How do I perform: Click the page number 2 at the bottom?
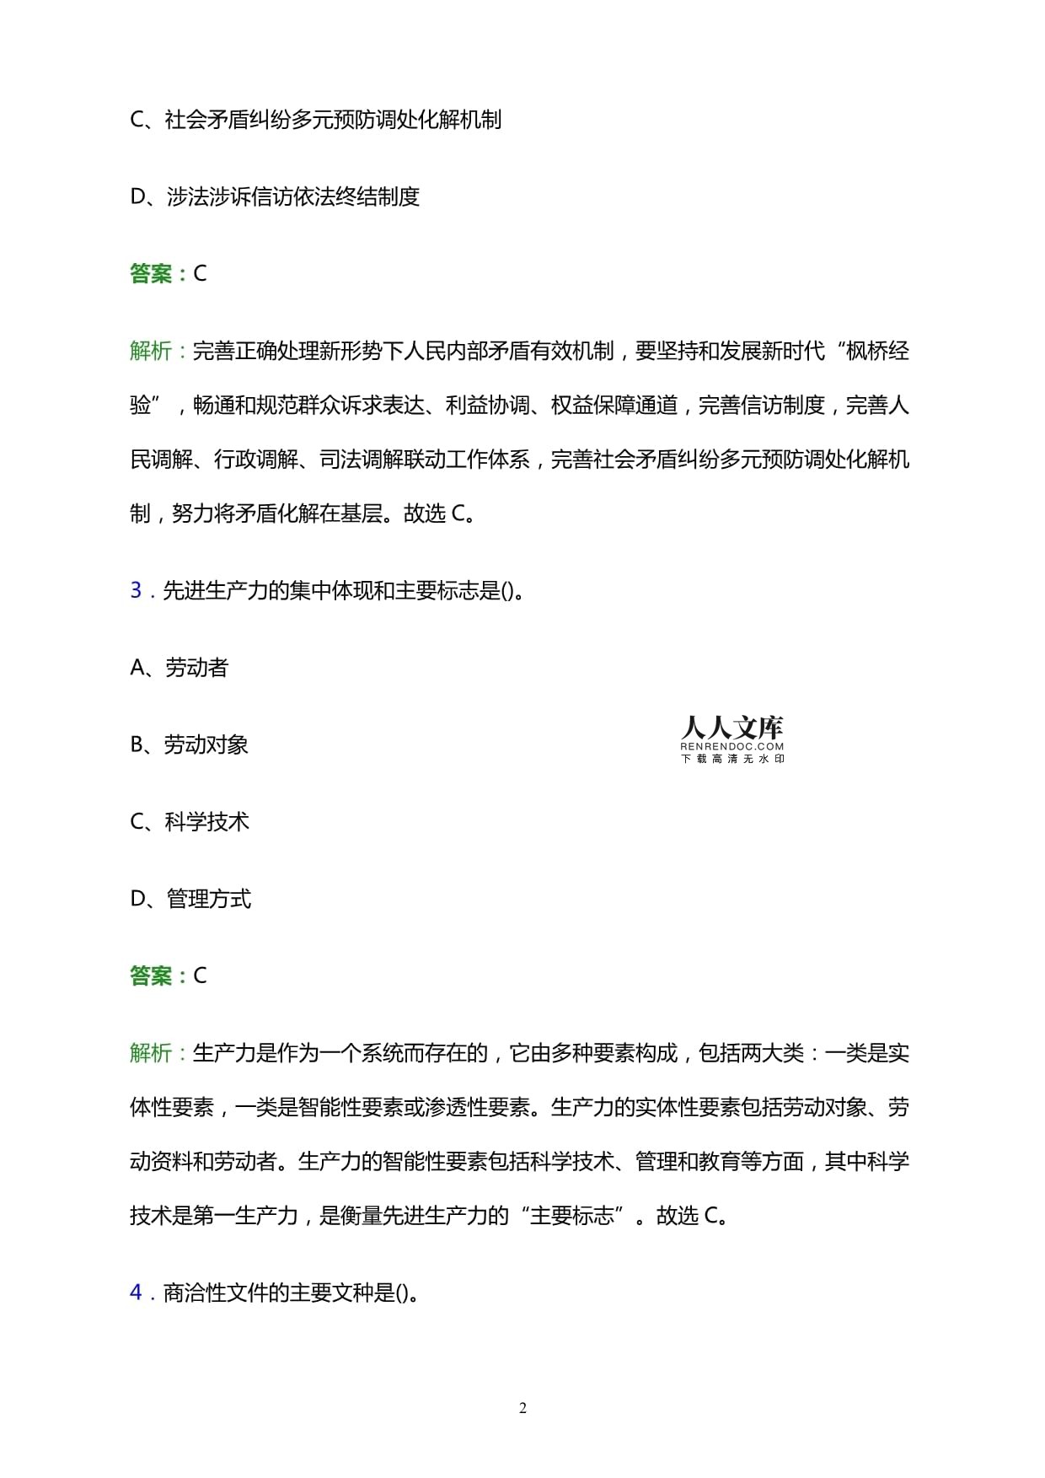522,1408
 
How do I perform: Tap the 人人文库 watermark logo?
731,728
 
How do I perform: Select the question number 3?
136,590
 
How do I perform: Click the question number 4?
136,1293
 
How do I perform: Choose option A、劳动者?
180,668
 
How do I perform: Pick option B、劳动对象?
189,744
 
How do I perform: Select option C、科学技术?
190,822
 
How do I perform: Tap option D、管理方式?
190,899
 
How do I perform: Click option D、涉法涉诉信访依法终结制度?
275,196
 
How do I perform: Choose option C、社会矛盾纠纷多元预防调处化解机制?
316,120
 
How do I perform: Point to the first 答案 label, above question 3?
152,274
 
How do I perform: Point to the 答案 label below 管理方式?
152,976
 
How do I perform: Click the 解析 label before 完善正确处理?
152,351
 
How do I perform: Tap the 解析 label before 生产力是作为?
152,1053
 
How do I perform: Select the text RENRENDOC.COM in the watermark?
731,746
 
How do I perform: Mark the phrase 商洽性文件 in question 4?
214,1293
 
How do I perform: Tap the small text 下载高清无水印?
731,758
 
